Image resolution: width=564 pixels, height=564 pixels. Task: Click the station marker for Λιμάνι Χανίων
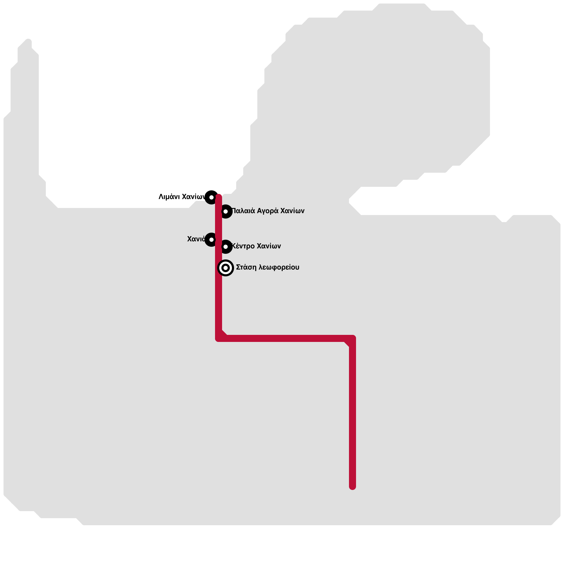211,197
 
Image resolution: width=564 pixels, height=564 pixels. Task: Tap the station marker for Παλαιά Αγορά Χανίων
226,211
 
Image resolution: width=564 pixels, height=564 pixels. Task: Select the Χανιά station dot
211,240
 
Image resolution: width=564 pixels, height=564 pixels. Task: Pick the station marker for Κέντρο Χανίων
226,246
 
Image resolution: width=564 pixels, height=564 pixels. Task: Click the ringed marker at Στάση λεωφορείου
226,268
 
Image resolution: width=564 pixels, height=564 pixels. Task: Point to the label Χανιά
196,239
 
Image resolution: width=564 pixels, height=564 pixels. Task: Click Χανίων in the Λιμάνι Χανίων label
194,197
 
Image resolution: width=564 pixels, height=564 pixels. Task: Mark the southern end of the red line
352,486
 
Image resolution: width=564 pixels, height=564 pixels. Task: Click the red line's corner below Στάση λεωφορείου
219,338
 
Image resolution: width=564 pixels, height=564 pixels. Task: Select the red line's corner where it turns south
352,338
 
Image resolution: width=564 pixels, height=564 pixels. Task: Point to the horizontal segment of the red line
286,338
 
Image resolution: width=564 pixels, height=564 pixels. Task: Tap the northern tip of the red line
219,196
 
